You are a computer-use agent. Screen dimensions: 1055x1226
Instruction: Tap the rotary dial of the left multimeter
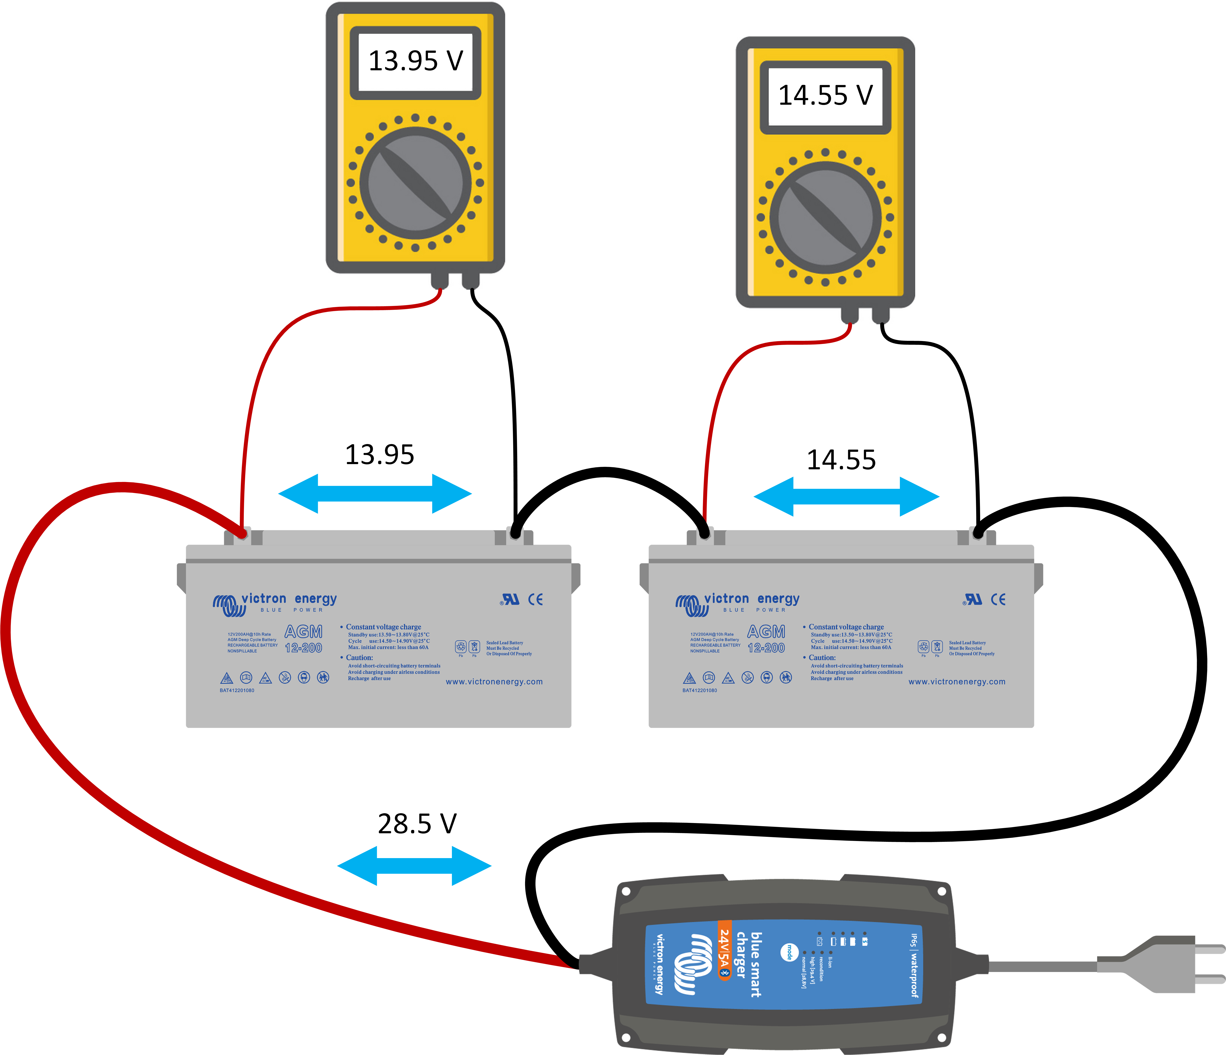pos(415,182)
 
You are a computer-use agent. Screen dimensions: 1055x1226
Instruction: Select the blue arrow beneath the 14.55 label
pos(846,496)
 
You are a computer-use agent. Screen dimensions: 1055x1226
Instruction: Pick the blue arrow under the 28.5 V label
pos(414,866)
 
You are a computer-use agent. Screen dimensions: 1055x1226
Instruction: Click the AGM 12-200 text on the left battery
pos(304,639)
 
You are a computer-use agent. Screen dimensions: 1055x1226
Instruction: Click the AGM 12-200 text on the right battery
pos(766,639)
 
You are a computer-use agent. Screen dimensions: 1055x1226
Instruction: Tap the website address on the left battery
pos(494,682)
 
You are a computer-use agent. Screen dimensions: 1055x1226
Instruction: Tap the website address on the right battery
pos(957,682)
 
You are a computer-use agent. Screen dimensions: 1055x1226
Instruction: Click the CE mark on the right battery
pos(998,599)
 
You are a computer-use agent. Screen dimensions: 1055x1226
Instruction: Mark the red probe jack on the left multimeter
pos(439,281)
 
